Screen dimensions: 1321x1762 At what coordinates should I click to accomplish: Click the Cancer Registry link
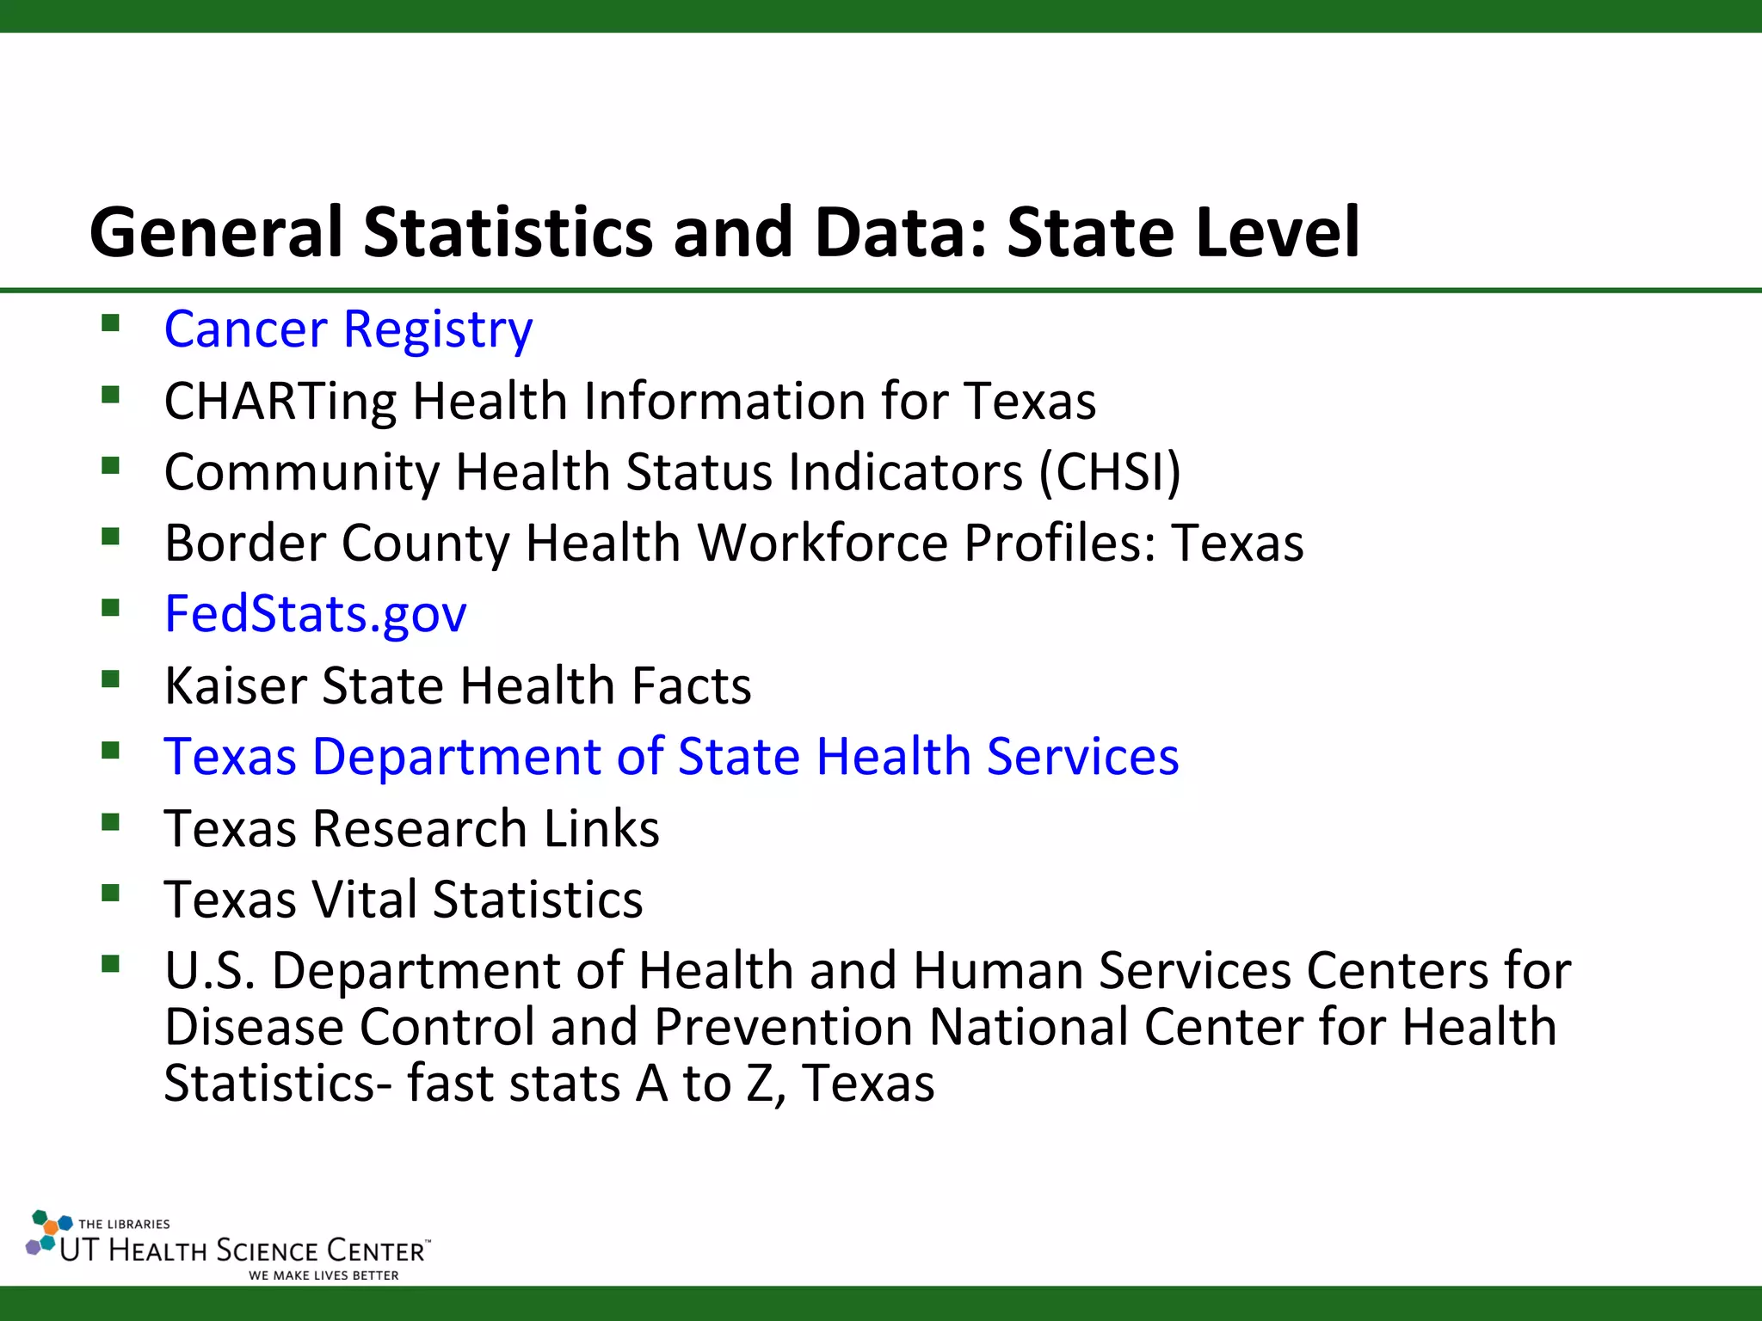click(x=348, y=329)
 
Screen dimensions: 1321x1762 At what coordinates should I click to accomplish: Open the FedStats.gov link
click(x=316, y=614)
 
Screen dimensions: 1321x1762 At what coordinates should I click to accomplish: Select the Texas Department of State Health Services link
click(x=671, y=757)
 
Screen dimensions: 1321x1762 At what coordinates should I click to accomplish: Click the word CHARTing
click(x=280, y=402)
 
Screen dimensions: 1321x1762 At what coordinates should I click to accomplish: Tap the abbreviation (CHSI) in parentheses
click(x=1110, y=472)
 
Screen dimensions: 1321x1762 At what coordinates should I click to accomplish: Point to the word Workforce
click(x=822, y=544)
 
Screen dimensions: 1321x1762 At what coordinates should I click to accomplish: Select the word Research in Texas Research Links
click(x=420, y=829)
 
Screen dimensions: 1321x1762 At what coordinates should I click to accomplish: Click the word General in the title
click(x=216, y=232)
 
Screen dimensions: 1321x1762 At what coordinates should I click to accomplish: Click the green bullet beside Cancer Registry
click(x=110, y=324)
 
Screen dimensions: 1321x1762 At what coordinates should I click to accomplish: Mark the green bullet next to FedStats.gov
click(x=110, y=609)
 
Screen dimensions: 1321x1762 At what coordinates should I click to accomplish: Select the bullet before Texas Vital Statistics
click(x=110, y=893)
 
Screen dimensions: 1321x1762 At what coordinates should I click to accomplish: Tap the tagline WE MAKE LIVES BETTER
click(x=323, y=1275)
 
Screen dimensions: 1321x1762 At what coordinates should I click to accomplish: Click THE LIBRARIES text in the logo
click(x=124, y=1224)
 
